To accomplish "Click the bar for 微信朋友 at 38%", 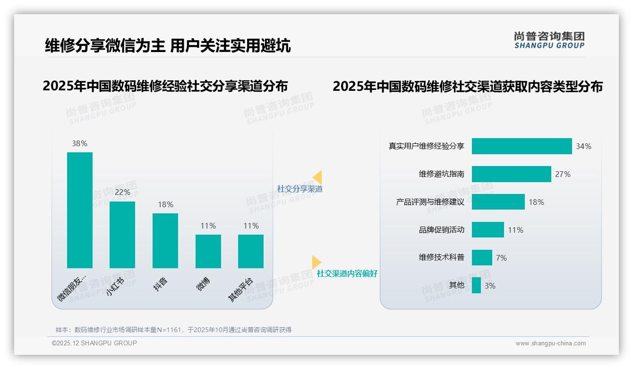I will (x=80, y=210).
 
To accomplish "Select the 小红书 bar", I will (x=122, y=235).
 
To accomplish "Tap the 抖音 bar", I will (x=165, y=240).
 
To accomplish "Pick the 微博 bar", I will (x=208, y=251).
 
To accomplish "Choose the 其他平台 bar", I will (x=251, y=251).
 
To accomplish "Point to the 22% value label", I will (x=122, y=193).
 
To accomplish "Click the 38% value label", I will (x=80, y=143).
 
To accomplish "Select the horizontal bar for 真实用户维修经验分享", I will (x=522, y=146).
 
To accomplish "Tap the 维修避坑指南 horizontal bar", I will (x=511, y=174).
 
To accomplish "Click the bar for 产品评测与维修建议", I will (x=498, y=202).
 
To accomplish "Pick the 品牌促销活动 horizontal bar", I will (x=488, y=230).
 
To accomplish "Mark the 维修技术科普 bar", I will (x=482, y=258).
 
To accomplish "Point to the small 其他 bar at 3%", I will (x=476, y=285).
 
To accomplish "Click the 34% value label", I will (x=583, y=147).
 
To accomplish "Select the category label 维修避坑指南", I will (x=441, y=174).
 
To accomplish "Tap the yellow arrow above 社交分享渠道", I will (x=317, y=177).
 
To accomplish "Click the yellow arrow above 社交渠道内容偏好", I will (x=316, y=262).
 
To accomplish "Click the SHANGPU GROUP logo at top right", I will (x=549, y=40).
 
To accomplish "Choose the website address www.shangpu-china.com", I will (x=550, y=343).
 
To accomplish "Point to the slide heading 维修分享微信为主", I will (x=105, y=45).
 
